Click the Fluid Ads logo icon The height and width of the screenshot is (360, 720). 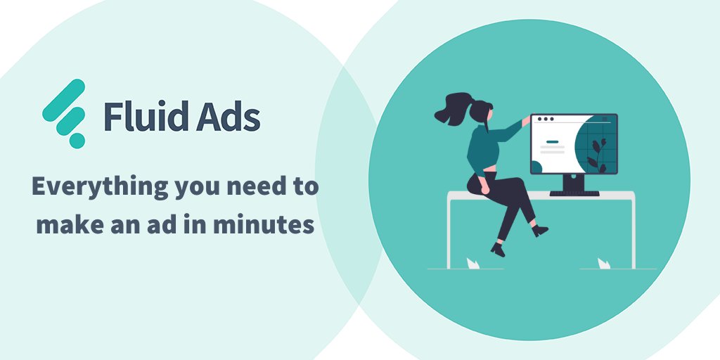coord(63,112)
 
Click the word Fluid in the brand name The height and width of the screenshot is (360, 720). coord(141,117)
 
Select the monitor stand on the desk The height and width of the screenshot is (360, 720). coord(574,184)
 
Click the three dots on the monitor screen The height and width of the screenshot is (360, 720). coord(546,120)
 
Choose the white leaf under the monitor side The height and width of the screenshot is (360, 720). coord(603,263)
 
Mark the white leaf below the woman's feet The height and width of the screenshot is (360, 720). coord(473,263)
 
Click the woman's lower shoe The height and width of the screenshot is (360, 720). coord(499,249)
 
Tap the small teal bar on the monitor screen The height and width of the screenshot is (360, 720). coord(553,142)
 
